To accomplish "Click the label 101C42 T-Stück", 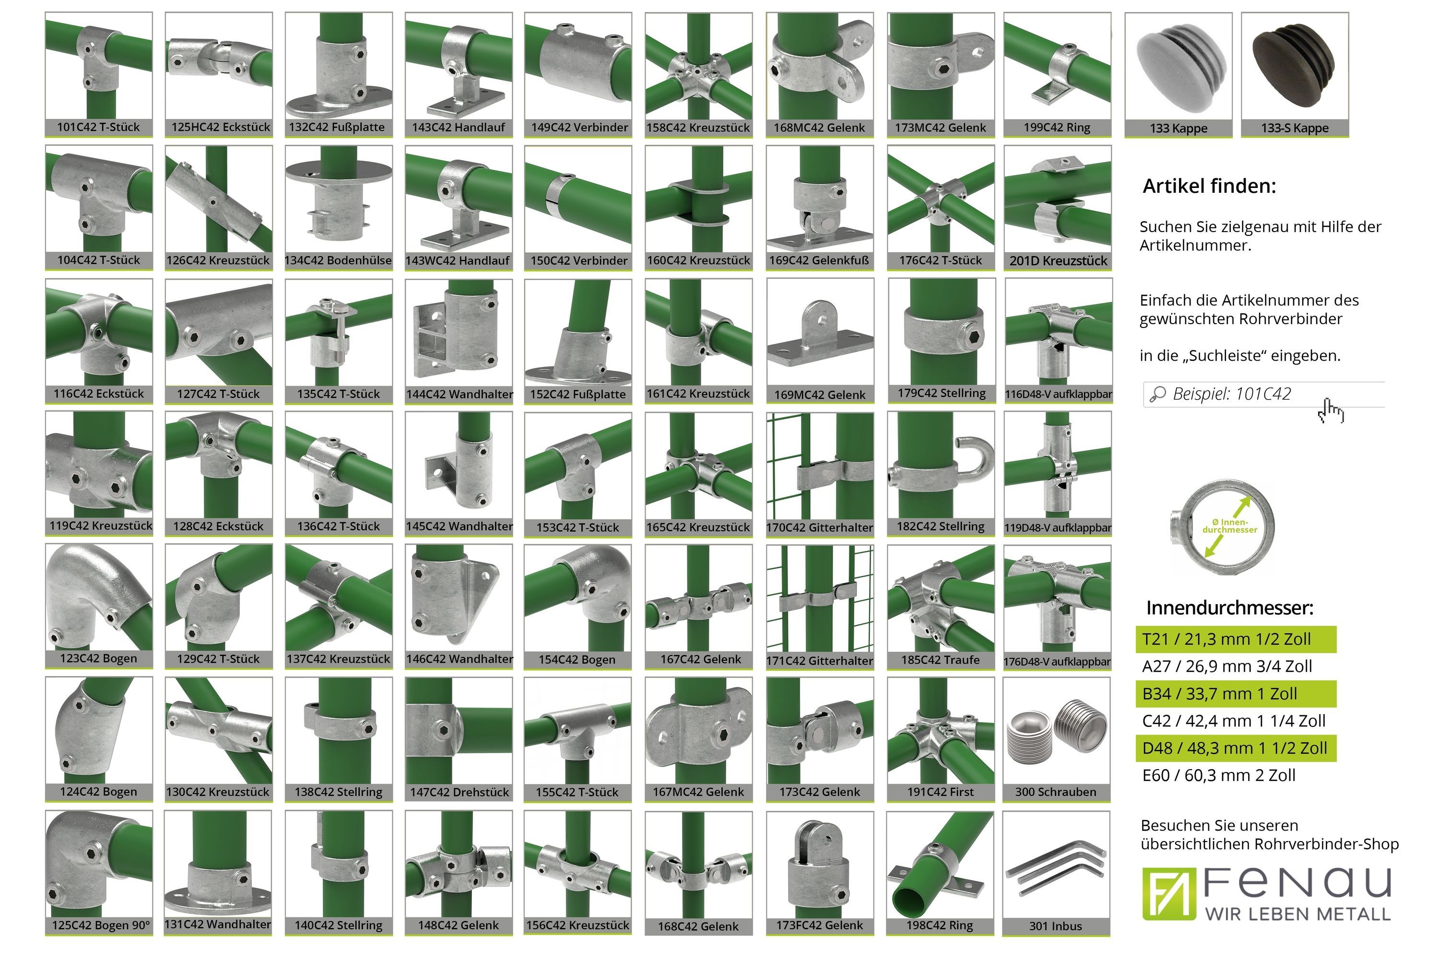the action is (98, 127).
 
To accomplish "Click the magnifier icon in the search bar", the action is (1157, 395).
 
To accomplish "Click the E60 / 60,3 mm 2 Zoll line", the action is (1219, 775).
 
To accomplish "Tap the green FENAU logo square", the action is (1168, 894).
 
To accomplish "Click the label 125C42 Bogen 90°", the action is (101, 925).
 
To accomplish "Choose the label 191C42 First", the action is (940, 792).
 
